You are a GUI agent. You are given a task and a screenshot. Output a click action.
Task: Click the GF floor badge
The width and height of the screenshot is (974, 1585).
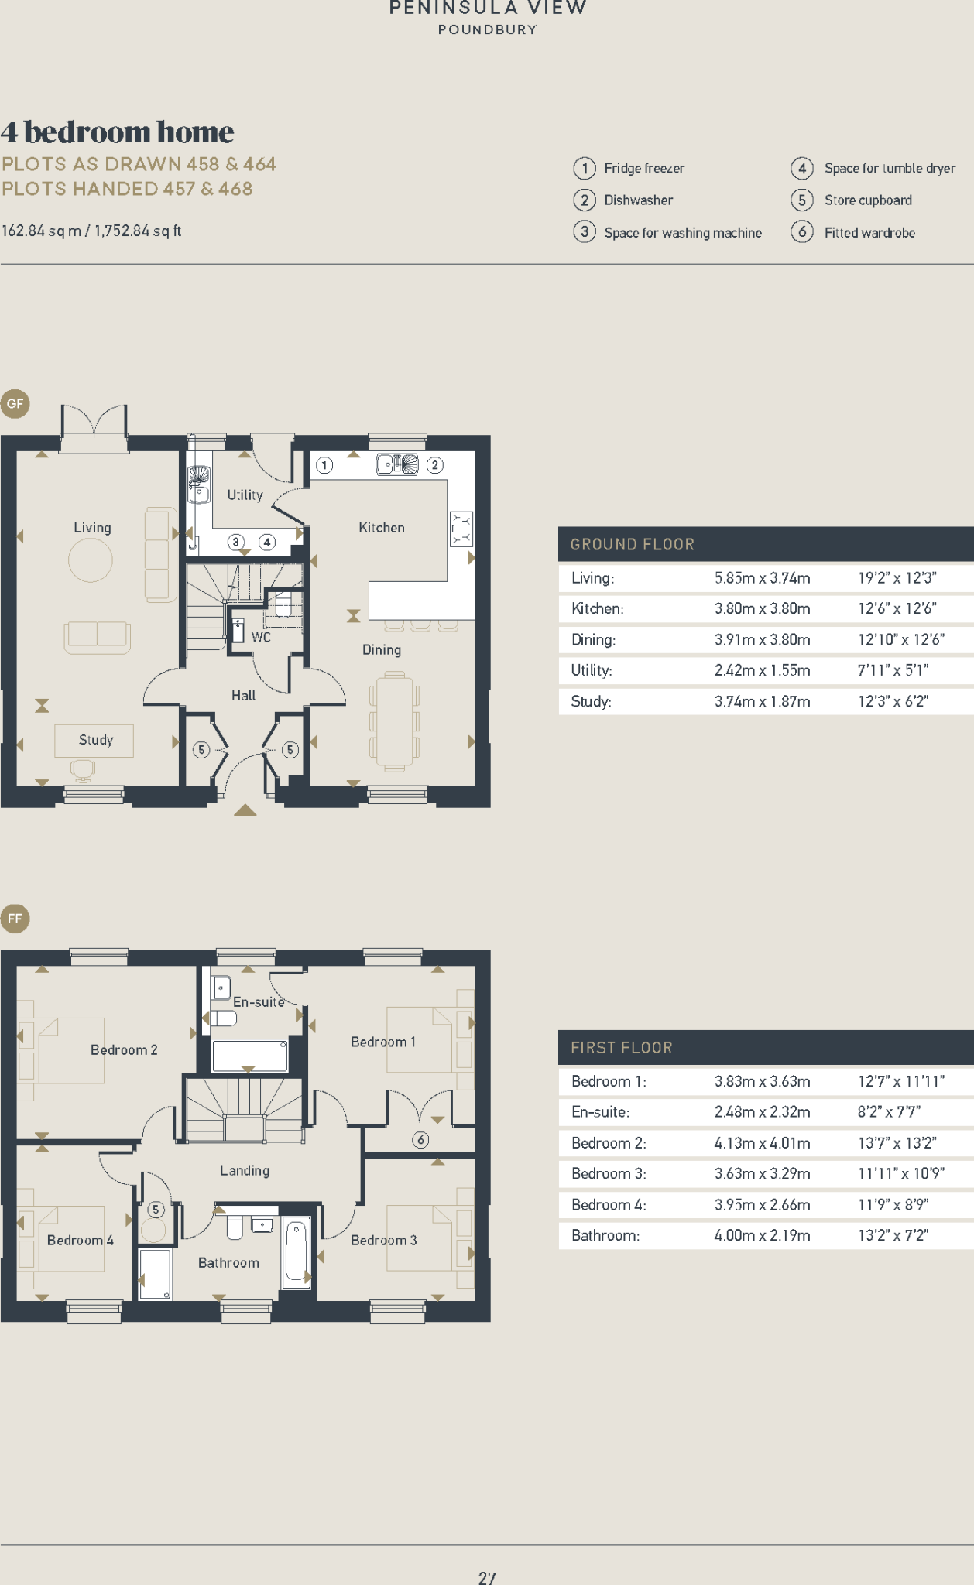[15, 403]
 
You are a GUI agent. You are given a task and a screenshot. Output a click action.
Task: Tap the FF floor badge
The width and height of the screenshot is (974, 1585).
[15, 919]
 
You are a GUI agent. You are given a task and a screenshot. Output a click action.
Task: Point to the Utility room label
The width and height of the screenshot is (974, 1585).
[245, 495]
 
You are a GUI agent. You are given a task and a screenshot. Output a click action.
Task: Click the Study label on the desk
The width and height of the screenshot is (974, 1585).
[95, 740]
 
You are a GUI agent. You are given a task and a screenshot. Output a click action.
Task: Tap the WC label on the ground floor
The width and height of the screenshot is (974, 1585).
[261, 637]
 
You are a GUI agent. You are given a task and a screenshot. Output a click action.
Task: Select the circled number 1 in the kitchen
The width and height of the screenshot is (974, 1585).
[324, 465]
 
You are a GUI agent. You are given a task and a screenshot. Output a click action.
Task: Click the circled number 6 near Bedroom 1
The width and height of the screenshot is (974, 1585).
[420, 1139]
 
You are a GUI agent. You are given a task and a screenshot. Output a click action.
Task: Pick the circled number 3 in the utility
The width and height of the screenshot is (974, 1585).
[236, 542]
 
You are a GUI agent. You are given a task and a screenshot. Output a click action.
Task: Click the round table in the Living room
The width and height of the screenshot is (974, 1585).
[91, 560]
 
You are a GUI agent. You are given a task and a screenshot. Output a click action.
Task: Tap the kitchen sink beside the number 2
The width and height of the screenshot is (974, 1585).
[397, 464]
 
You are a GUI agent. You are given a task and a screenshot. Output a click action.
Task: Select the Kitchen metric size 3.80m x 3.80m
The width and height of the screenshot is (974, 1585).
[762, 608]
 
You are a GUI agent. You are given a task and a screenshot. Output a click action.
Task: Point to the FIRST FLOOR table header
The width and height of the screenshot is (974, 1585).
[622, 1048]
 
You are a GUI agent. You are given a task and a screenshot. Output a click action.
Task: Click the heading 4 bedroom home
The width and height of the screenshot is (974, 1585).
[117, 132]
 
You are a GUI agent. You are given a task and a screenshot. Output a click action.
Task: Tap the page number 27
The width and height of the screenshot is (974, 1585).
[487, 1577]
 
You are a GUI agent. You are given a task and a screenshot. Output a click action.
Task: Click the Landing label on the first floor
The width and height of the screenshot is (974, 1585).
[245, 1170]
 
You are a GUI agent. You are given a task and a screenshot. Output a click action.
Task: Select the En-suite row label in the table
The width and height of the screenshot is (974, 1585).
[600, 1112]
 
